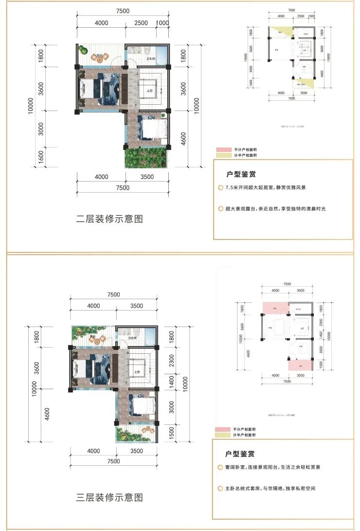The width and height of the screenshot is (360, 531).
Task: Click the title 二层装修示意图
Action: click(x=110, y=219)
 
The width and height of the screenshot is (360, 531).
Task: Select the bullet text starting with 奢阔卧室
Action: click(x=272, y=467)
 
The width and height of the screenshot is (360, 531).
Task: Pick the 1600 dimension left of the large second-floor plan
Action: click(x=41, y=157)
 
